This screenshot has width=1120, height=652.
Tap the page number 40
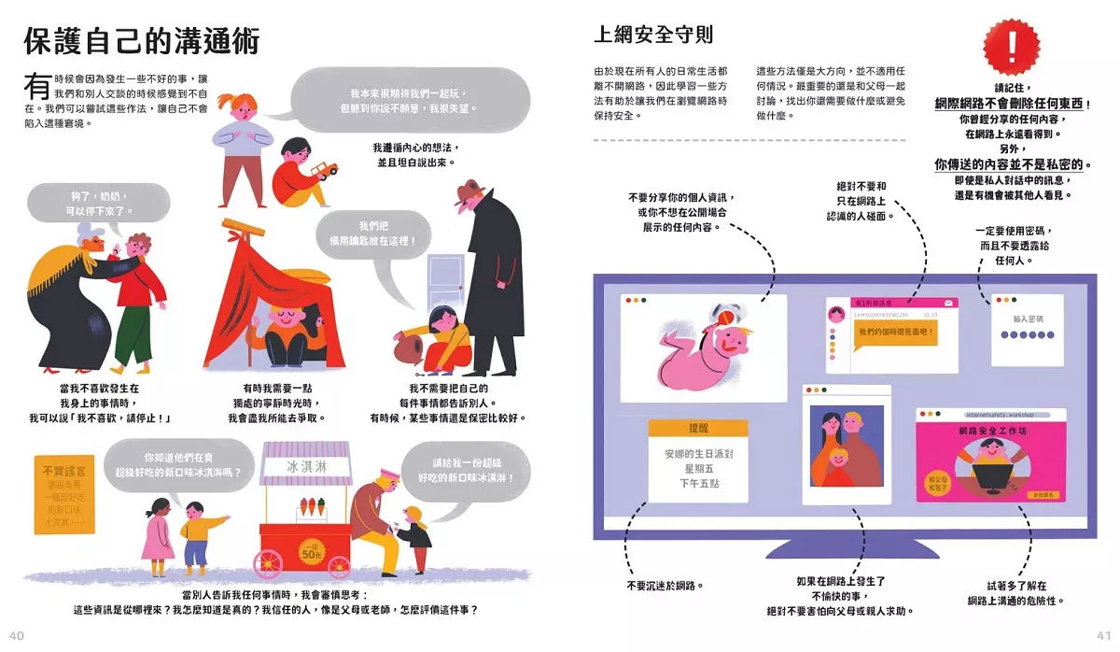click(15, 635)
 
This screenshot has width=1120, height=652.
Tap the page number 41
click(1103, 635)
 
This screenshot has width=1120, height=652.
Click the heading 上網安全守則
click(653, 35)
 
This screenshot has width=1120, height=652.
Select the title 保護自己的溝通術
click(141, 41)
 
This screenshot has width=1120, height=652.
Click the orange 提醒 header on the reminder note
click(698, 428)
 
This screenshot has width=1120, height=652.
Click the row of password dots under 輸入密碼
click(1028, 334)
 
